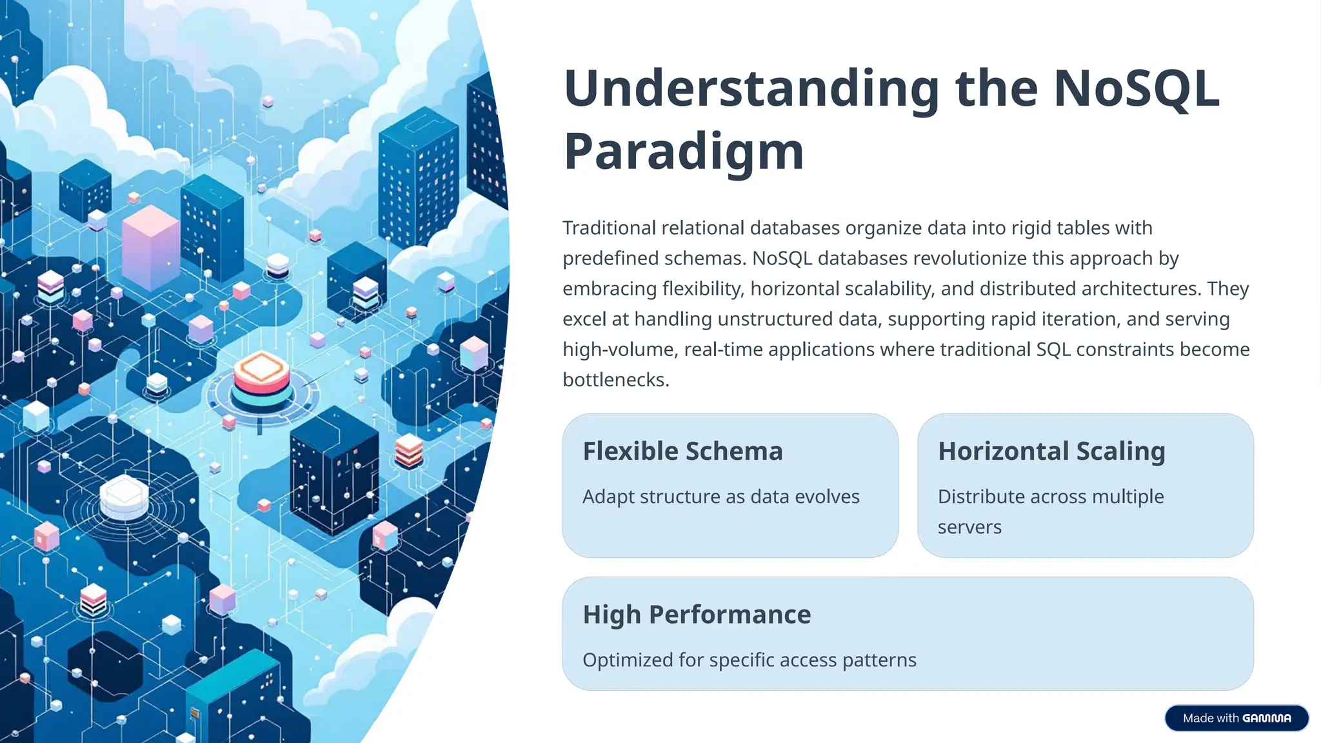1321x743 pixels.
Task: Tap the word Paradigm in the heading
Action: click(x=684, y=152)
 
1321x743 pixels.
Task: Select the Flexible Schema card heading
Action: click(x=682, y=451)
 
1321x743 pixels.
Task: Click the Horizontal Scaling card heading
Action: click(x=1051, y=451)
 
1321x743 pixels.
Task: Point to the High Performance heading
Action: click(x=697, y=614)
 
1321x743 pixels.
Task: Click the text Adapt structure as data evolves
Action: click(x=720, y=497)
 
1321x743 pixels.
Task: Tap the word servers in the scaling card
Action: click(x=969, y=527)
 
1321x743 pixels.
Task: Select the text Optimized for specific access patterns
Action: click(x=749, y=660)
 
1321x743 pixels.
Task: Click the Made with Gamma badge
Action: click(x=1236, y=718)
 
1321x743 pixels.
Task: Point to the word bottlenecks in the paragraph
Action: click(x=615, y=379)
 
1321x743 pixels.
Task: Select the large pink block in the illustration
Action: click(x=150, y=248)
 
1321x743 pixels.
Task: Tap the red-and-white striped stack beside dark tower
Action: click(x=409, y=450)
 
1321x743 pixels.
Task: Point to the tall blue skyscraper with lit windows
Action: click(x=419, y=181)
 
